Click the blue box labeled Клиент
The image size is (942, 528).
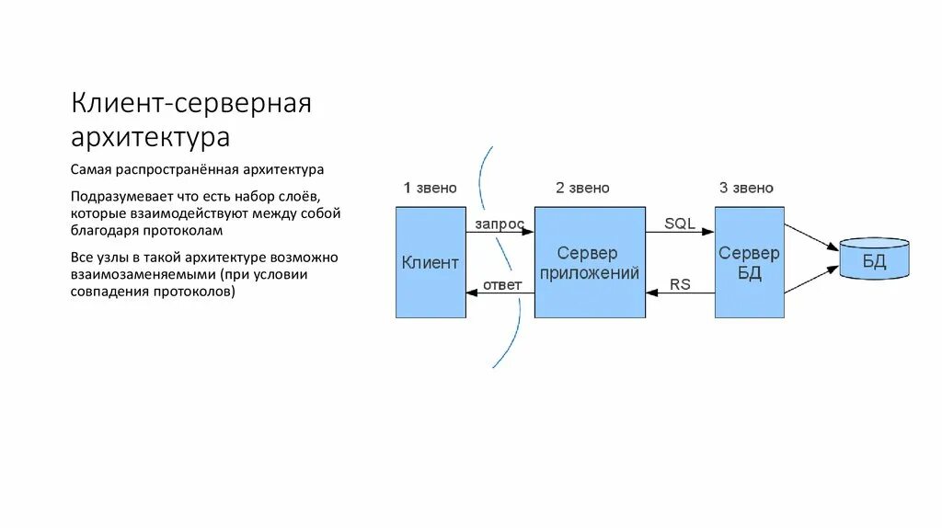[x=431, y=262]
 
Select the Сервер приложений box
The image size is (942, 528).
[x=590, y=262]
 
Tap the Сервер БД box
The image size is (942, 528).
[x=749, y=262]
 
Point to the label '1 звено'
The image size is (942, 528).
[x=430, y=188]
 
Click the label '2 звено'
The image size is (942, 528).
[x=582, y=188]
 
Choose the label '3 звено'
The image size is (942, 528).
[x=746, y=188]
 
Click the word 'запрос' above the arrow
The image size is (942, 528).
[x=500, y=224]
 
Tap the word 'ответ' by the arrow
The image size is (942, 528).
[x=502, y=285]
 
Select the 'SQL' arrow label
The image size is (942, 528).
[x=680, y=224]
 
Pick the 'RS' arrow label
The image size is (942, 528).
[x=680, y=285]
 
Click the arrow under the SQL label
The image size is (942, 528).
[x=680, y=233]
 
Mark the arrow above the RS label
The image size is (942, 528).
[x=680, y=293]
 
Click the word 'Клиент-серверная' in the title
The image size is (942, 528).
[x=191, y=103]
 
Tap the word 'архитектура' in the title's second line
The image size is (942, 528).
[x=150, y=137]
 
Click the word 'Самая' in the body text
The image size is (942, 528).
[x=90, y=170]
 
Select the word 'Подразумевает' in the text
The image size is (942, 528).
[x=118, y=196]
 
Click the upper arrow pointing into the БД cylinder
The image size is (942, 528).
[x=811, y=234]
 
